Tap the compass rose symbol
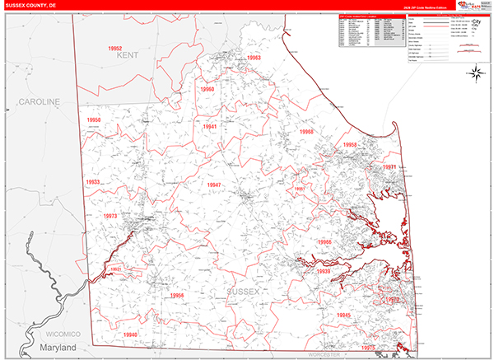coord(476,74)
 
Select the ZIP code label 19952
coord(120,49)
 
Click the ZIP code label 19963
coord(252,58)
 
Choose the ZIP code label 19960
coord(206,89)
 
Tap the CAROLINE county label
coord(40,101)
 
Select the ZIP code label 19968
coord(306,132)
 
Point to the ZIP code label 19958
coord(352,145)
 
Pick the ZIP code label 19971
coord(389,167)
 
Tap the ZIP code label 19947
coord(214,185)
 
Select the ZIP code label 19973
coord(110,216)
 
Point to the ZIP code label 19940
coord(130,334)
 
